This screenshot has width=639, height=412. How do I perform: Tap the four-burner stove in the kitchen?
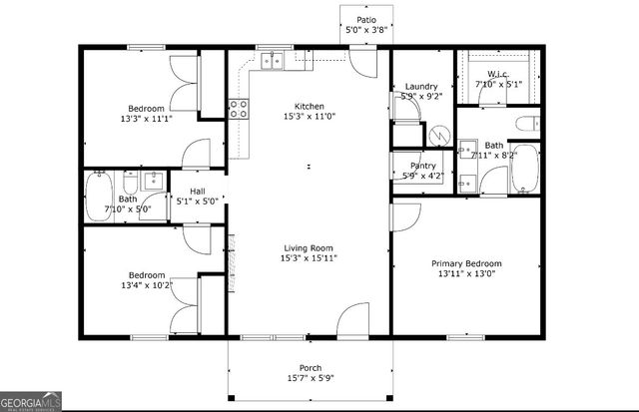239,108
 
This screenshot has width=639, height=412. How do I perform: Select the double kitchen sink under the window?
271,62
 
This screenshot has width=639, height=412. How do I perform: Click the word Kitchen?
308,106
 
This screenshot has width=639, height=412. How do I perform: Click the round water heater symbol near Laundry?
440,134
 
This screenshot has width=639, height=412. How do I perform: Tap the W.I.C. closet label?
498,75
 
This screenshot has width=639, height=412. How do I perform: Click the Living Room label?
308,247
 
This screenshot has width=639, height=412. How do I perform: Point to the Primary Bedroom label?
466,263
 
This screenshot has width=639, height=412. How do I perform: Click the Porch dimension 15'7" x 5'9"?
311,379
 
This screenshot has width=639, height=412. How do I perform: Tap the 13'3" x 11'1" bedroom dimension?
145,119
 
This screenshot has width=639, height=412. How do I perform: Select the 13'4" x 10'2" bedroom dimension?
145,285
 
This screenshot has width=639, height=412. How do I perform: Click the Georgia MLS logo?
32,400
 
